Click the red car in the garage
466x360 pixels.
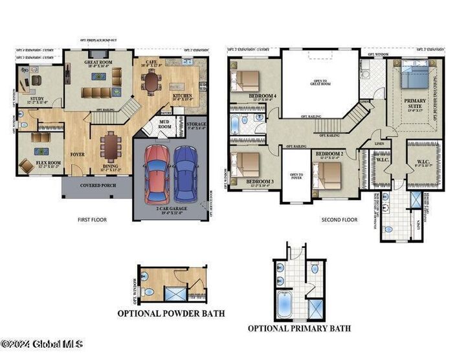[x=157, y=173]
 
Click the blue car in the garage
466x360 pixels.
[x=186, y=173]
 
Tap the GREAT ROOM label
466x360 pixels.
[x=98, y=63]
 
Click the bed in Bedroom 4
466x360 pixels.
[x=247, y=80]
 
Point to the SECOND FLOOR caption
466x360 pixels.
[x=340, y=220]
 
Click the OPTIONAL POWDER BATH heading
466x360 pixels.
[x=171, y=314]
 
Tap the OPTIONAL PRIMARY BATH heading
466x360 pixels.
[x=299, y=328]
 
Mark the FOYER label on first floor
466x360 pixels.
[x=78, y=155]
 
